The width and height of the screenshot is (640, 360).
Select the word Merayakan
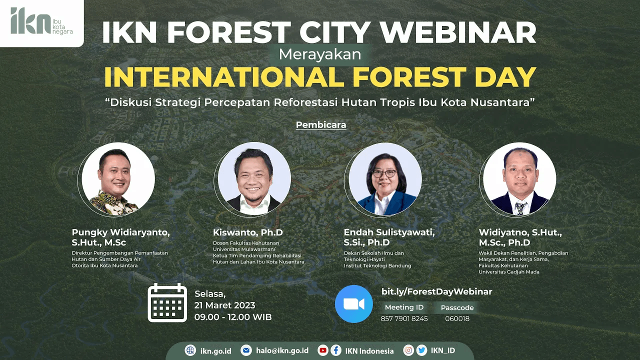(x=320, y=54)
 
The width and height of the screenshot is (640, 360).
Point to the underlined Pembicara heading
(x=321, y=125)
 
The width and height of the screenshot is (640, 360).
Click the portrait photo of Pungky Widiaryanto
(x=118, y=179)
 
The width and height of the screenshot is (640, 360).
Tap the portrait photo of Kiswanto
(x=254, y=179)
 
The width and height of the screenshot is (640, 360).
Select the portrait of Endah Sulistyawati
(x=385, y=179)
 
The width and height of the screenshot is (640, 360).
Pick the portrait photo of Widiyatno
(x=519, y=179)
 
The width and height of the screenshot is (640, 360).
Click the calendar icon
(x=167, y=302)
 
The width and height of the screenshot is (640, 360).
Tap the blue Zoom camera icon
(x=353, y=303)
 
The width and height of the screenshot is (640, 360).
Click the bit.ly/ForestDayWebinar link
(x=437, y=291)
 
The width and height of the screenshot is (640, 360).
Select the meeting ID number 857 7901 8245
(x=404, y=318)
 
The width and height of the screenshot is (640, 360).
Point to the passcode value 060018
(x=457, y=318)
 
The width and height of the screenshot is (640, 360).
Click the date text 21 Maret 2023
(x=224, y=305)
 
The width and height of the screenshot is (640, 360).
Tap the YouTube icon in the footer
(x=323, y=350)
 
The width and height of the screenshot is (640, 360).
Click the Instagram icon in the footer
(x=408, y=350)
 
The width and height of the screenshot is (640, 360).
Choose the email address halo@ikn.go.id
(x=282, y=350)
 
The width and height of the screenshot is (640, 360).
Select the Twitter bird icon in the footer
(x=421, y=350)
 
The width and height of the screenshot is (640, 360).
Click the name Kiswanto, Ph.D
(x=247, y=232)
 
